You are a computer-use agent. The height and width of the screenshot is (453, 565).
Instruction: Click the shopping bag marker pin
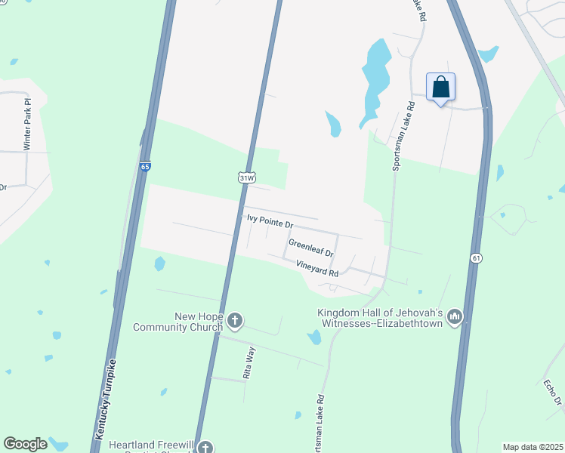(441, 88)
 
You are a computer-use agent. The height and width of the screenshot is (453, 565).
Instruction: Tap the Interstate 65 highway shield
(145, 166)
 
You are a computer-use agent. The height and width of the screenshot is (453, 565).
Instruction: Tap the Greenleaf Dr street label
(311, 246)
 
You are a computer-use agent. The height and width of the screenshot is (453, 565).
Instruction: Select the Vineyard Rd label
(317, 267)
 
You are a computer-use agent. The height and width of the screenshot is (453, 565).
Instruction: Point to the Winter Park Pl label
(28, 124)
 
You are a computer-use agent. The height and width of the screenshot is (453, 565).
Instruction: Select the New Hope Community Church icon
(235, 321)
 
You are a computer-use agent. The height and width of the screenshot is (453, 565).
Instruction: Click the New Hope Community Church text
(178, 322)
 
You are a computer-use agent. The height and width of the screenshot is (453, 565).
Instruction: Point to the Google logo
(25, 444)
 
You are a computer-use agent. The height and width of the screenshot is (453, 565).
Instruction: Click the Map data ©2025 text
(532, 447)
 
